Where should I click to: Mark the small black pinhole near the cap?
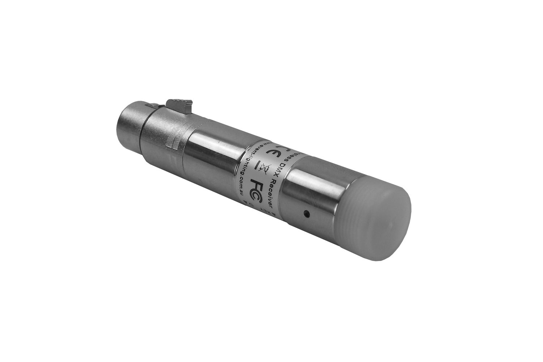pos(307,214)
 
